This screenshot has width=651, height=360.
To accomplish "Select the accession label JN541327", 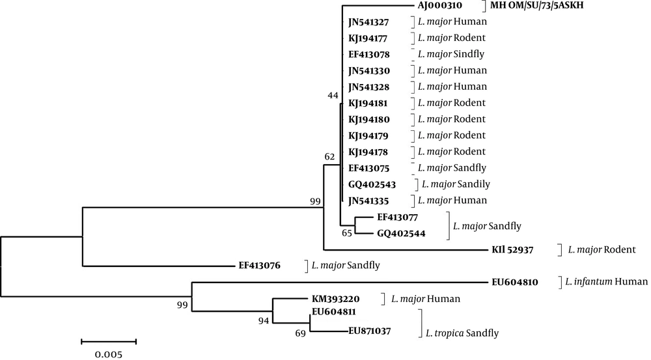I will [x=368, y=22].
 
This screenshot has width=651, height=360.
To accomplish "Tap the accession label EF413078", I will [x=368, y=54].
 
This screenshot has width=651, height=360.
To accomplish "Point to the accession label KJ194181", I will [x=368, y=103].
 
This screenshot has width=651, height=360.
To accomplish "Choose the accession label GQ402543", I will [x=372, y=184].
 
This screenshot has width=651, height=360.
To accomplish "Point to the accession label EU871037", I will [x=370, y=331].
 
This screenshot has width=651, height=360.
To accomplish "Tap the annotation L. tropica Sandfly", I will [x=462, y=333].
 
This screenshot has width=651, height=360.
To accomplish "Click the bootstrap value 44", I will [x=333, y=96].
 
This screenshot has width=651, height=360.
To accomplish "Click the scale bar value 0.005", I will [x=108, y=355].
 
